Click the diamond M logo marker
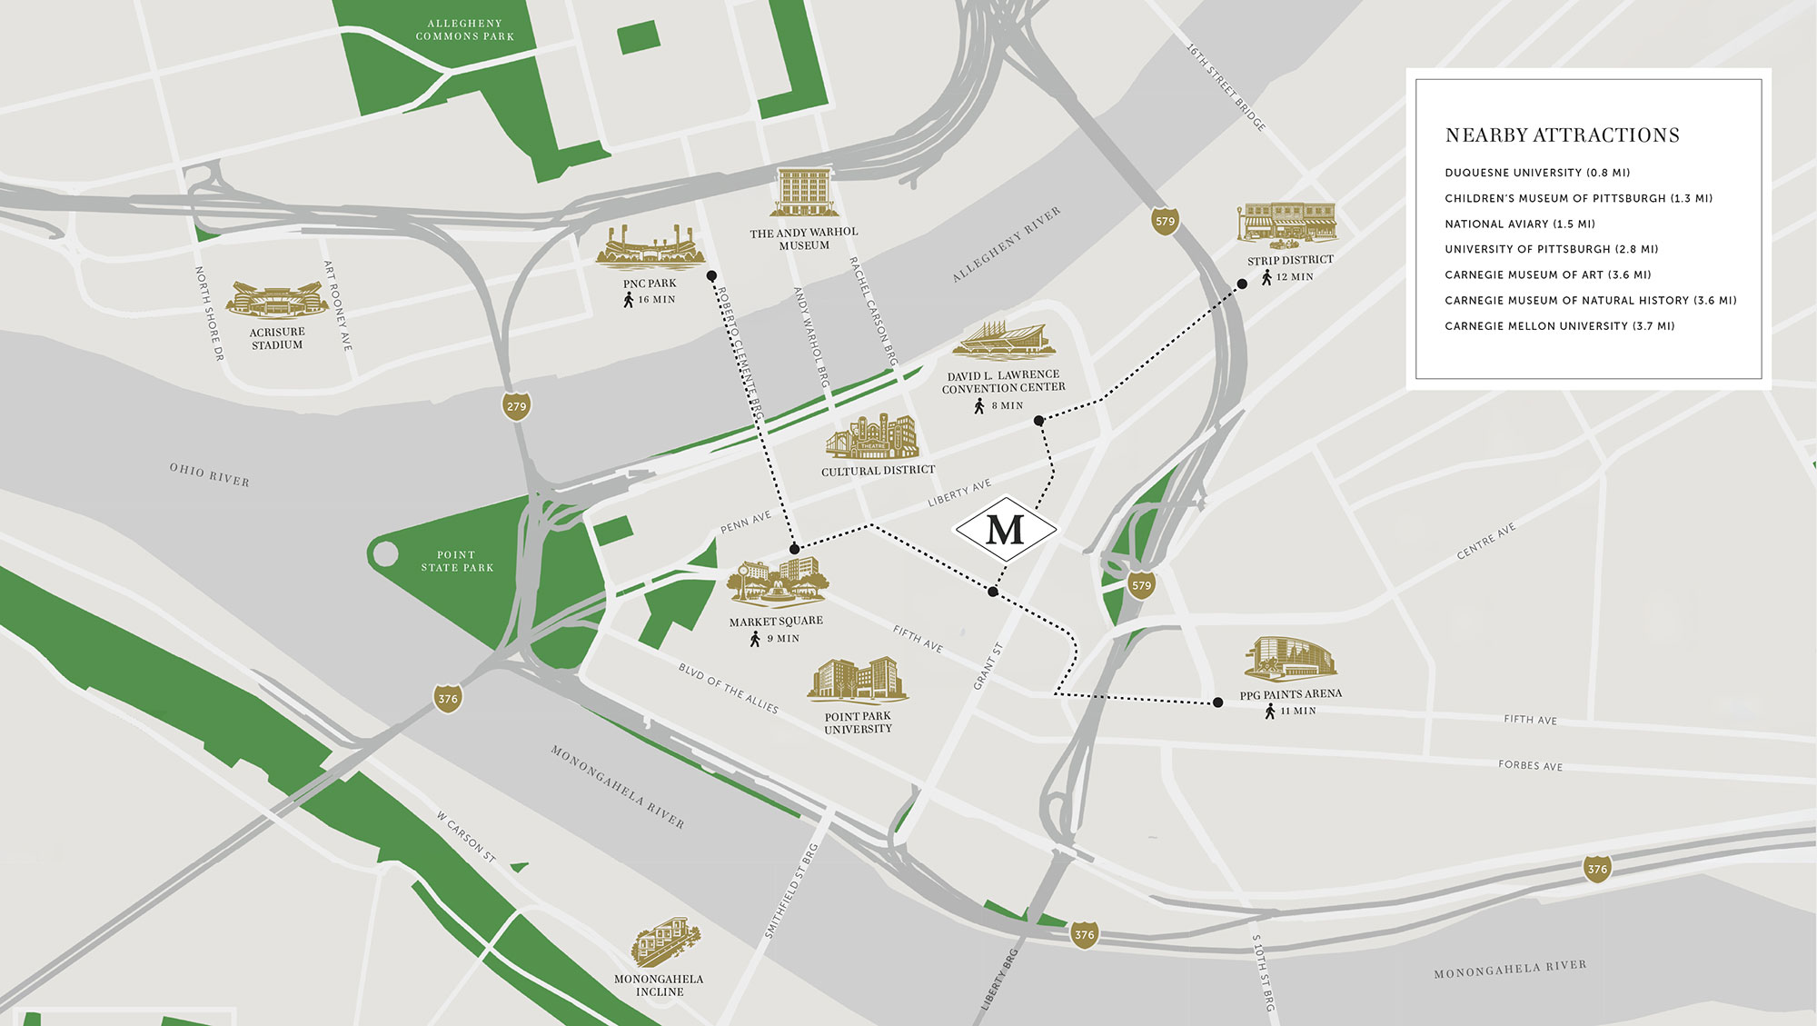pos(1005,529)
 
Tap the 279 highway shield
pos(516,406)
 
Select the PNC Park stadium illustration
pos(650,248)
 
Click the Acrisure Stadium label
pos(277,338)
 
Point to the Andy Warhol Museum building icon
pos(803,193)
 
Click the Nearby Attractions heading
pos(1562,135)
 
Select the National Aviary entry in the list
pos(1520,224)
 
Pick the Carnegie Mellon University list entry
pos(1559,325)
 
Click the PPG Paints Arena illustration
pos(1290,659)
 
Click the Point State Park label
pos(457,561)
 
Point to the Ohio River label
pos(209,474)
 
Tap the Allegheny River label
pos(1006,244)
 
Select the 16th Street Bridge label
pos(1226,86)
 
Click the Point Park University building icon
pos(857,681)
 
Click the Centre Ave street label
pos(1486,541)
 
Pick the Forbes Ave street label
pos(1530,765)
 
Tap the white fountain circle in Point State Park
pos(385,553)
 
